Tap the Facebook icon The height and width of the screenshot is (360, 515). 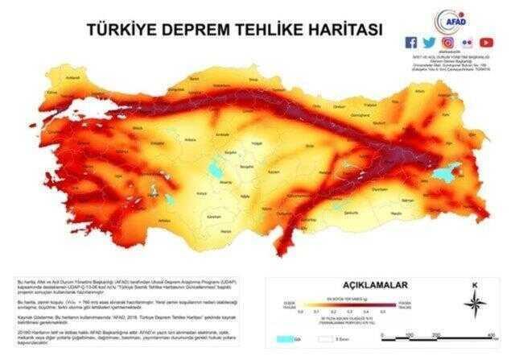click(412, 42)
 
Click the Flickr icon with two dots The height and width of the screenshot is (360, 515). click(467, 42)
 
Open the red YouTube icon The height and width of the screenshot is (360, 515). click(486, 42)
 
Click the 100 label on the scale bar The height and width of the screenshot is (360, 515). click(408, 333)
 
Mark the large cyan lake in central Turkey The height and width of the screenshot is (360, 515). click(212, 169)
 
